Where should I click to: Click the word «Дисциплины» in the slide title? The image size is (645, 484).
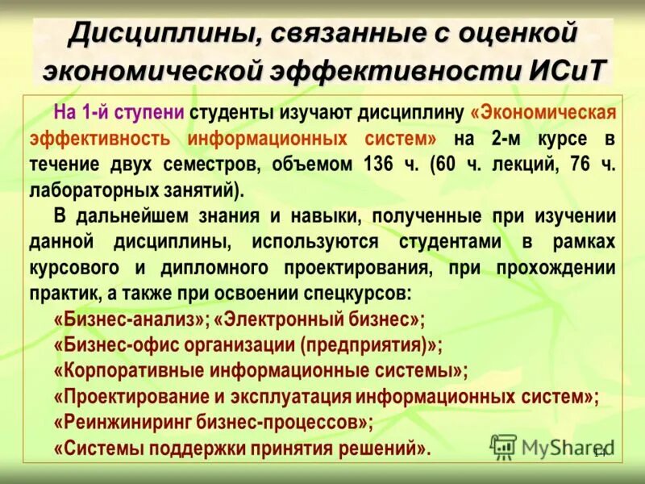[160, 35]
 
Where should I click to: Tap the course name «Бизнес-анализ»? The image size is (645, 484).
[130, 319]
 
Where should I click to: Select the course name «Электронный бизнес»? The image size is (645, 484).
[319, 319]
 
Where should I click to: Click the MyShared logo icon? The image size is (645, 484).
[504, 446]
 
